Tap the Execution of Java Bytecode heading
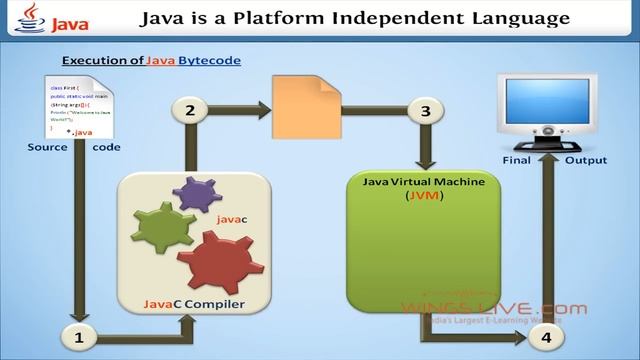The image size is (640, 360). click(x=151, y=60)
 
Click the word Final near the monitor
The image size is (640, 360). click(x=515, y=160)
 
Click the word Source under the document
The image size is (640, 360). click(x=47, y=147)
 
